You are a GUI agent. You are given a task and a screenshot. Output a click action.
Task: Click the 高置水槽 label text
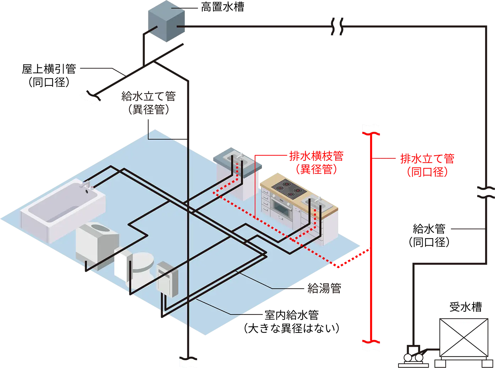[x=222, y=7]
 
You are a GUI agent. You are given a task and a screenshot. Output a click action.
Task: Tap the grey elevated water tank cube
[x=166, y=21]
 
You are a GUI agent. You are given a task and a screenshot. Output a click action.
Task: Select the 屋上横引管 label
[x=49, y=69]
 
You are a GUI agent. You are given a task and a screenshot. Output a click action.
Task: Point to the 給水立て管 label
[x=149, y=96]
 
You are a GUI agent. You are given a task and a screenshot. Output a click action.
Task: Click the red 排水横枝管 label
[x=317, y=156]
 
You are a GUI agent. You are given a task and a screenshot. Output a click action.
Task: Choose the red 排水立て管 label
[x=427, y=158]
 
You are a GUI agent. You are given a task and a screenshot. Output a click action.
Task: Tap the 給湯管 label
[x=324, y=288]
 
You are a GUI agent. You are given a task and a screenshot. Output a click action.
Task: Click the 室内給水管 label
[x=292, y=315]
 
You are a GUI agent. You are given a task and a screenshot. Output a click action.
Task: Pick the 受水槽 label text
[x=466, y=307]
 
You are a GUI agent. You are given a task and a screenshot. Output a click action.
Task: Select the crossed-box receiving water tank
[x=464, y=338]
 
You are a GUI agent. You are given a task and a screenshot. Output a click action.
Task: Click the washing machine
[x=97, y=245]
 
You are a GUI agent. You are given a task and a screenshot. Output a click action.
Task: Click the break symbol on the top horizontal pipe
[x=337, y=27]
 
